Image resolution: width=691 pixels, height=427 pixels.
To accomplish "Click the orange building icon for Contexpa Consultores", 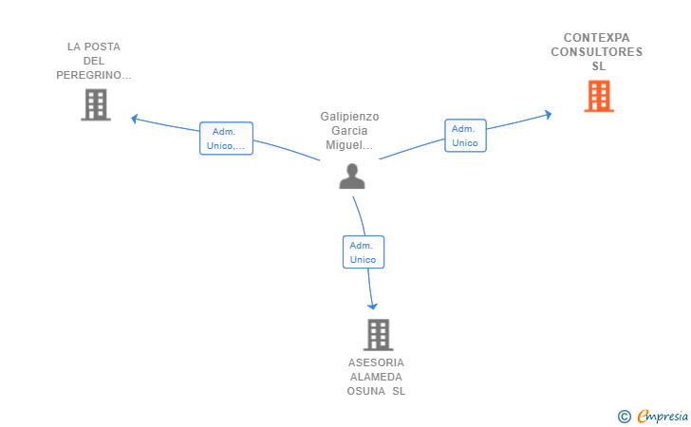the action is click(x=599, y=96).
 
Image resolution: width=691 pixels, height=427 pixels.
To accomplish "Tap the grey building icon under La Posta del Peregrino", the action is click(x=96, y=105).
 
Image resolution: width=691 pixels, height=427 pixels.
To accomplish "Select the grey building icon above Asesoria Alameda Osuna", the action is click(x=378, y=335).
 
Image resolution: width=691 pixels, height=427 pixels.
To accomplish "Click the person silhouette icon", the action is click(x=352, y=176).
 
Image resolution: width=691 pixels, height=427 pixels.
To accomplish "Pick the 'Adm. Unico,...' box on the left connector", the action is click(x=226, y=139).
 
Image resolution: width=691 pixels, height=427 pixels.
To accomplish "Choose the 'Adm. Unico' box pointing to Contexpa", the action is click(x=465, y=136).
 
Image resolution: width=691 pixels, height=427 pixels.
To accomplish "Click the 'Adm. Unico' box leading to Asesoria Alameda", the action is click(x=364, y=252).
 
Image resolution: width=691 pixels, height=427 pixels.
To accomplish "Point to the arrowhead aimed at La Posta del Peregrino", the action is click(x=135, y=119).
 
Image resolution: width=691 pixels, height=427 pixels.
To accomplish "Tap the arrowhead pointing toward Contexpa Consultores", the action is click(x=549, y=115).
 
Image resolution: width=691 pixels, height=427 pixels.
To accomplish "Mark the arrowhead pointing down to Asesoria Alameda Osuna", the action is click(x=373, y=306).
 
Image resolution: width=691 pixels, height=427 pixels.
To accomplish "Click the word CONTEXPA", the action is click(x=597, y=38).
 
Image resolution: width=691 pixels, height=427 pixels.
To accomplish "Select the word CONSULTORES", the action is click(x=597, y=52).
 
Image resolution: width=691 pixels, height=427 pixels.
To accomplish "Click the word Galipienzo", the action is click(x=349, y=117).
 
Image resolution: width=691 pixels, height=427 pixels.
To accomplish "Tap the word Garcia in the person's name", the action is click(x=349, y=131).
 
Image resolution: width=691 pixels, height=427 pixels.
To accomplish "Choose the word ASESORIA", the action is click(x=376, y=362).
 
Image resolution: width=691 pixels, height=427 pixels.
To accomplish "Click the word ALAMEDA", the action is click(x=376, y=378).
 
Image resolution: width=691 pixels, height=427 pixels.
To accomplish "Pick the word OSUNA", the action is click(x=365, y=391).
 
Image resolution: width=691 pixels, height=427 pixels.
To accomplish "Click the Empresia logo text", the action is click(x=663, y=417).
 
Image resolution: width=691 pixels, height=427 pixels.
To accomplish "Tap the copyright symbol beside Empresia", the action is click(x=624, y=417).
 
